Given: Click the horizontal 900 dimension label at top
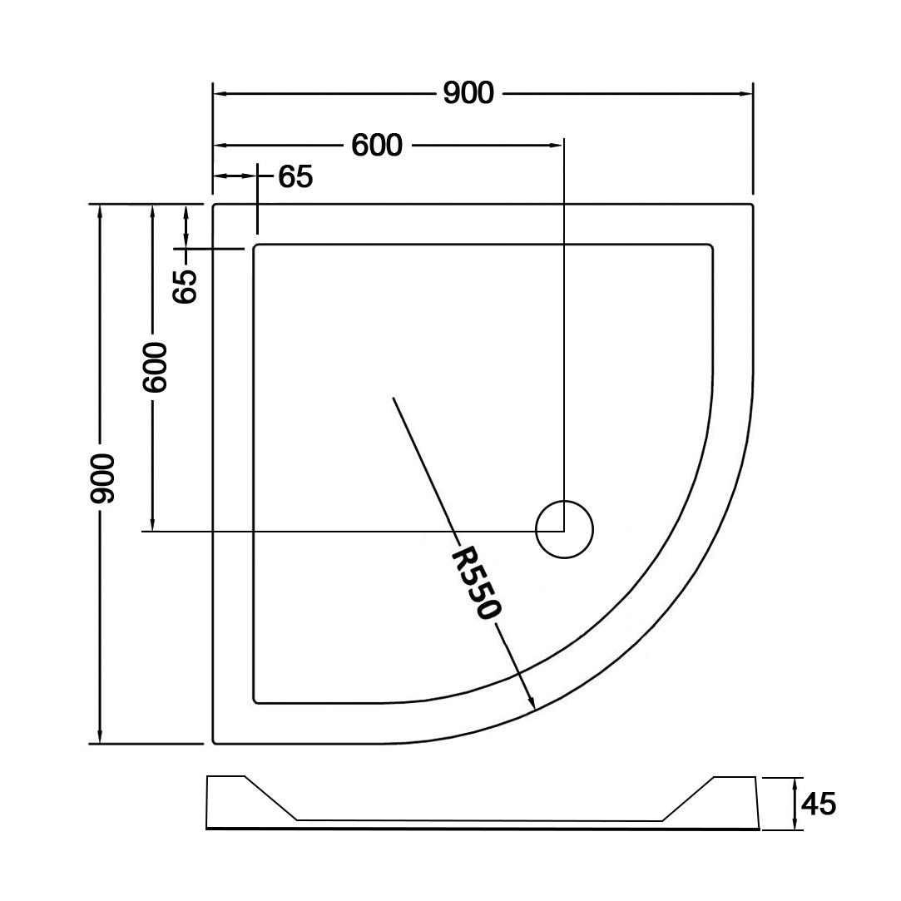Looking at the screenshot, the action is [468, 93].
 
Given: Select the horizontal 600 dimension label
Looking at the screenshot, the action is [377, 146].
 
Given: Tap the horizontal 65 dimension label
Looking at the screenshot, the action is [295, 177].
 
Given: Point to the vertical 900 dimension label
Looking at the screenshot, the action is [103, 478].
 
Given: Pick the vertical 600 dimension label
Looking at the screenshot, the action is [155, 367].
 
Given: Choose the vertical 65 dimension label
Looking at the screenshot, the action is [185, 286].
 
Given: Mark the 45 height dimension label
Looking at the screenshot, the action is [819, 804].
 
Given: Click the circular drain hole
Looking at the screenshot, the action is [564, 530].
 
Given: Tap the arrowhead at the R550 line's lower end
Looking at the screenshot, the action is [532, 703].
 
